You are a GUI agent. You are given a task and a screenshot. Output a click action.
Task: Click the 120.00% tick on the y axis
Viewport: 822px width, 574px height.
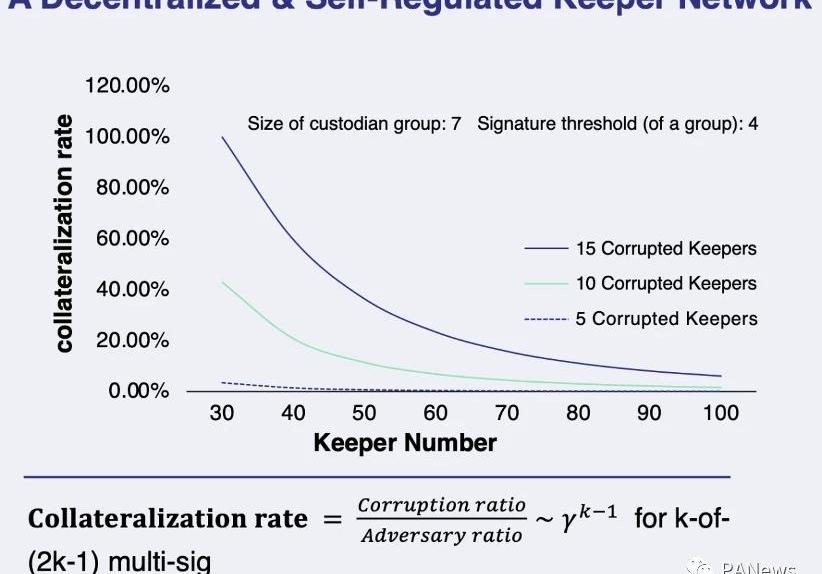(127, 85)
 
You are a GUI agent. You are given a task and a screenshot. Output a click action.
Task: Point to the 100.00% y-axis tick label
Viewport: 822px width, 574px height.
(127, 136)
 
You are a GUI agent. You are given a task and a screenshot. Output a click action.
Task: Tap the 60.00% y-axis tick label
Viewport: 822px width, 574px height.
(131, 238)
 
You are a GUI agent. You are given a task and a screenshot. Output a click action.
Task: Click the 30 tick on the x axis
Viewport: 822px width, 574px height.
(222, 413)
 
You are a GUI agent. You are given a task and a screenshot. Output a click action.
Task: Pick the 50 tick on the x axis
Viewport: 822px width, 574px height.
(364, 413)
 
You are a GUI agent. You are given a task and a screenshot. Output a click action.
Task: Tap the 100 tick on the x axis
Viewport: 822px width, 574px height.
(720, 413)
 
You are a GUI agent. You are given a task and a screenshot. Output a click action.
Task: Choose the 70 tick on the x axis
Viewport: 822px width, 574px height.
(507, 413)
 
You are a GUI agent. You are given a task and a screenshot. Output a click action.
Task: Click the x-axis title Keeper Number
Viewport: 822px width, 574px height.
(405, 442)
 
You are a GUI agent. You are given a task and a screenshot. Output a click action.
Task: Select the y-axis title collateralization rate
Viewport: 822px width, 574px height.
(64, 233)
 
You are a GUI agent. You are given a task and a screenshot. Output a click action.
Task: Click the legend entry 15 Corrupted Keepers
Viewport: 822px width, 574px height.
(666, 248)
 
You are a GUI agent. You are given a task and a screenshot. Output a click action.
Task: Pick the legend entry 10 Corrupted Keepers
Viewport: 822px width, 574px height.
(666, 283)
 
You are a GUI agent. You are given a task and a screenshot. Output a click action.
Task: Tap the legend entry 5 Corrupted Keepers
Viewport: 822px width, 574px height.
(666, 319)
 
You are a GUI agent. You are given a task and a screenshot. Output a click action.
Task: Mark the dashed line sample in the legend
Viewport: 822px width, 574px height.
(545, 319)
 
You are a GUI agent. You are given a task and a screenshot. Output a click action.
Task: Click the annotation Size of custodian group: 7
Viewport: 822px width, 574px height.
(354, 125)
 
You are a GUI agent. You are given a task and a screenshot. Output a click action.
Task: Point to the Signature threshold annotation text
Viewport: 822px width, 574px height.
(617, 125)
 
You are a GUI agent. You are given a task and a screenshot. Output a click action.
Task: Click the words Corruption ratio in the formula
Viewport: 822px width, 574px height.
(441, 505)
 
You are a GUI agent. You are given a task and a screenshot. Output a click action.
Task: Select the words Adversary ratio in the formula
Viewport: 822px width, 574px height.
(441, 535)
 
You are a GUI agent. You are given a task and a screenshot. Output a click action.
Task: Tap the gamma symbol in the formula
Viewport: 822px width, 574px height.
(570, 522)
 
